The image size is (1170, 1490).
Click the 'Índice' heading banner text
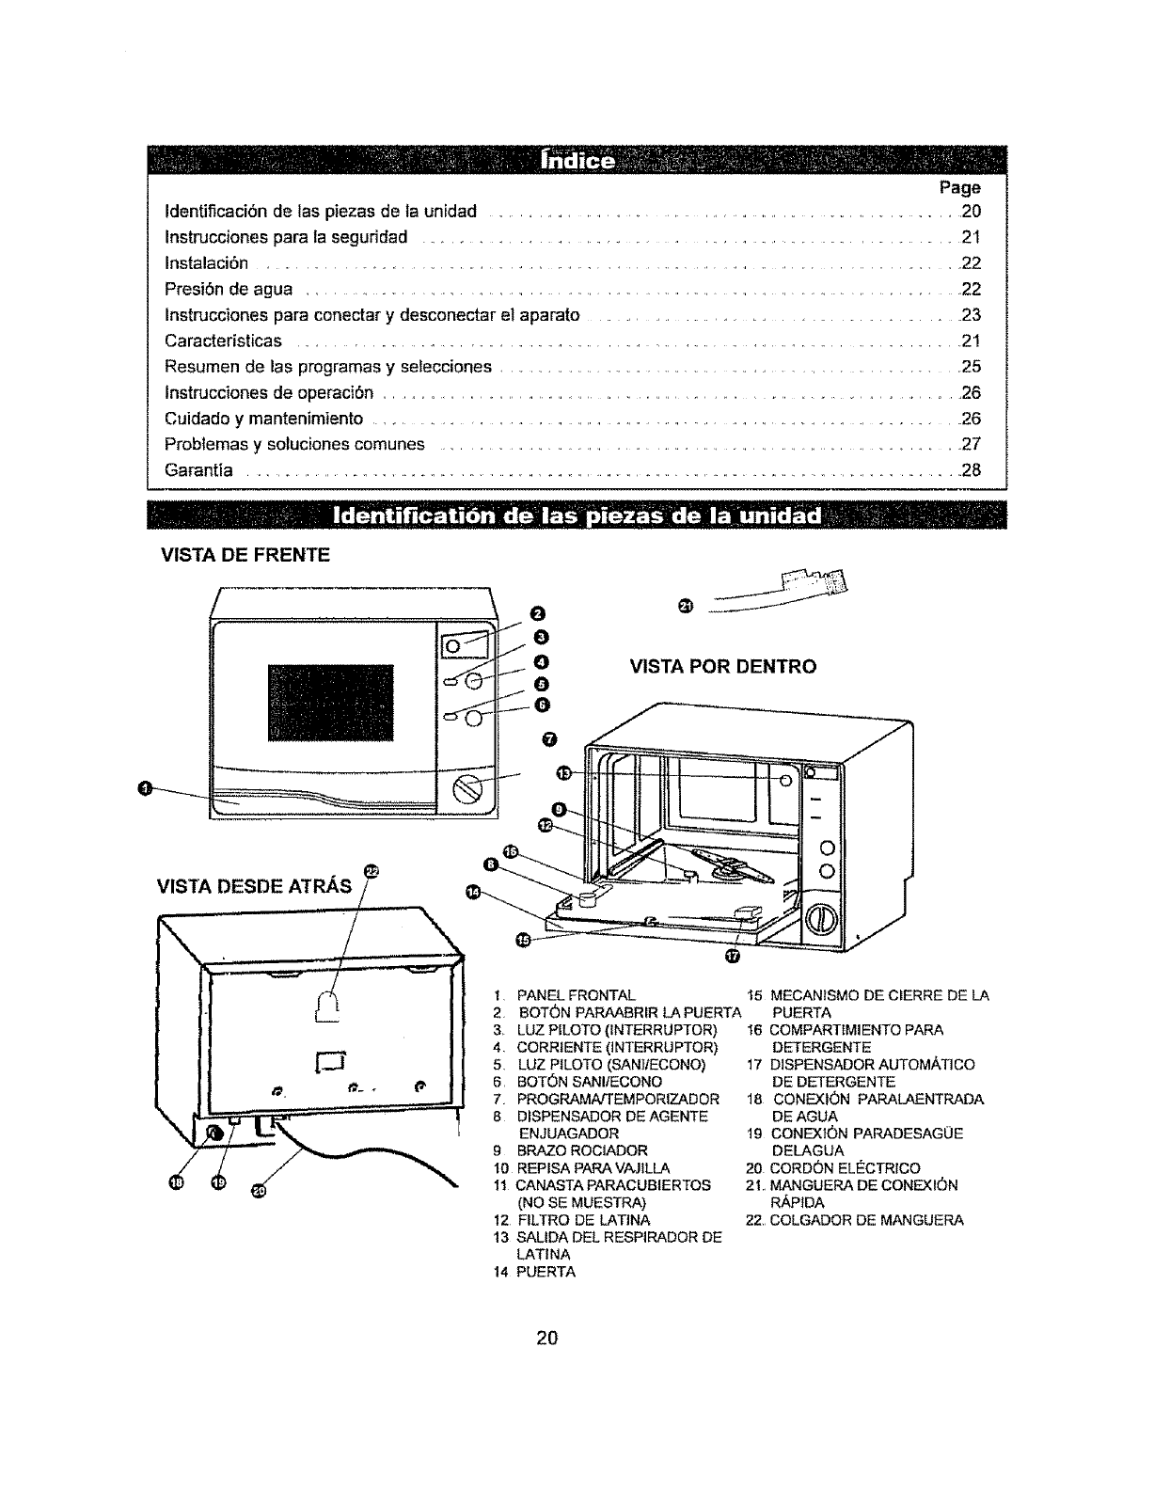coord(577,162)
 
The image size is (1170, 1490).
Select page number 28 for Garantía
coord(971,470)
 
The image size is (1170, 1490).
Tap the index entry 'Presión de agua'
coord(229,289)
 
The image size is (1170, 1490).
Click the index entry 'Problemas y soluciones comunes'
coord(294,444)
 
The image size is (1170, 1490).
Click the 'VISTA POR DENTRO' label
coord(722,667)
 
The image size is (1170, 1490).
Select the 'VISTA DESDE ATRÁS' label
coord(254,885)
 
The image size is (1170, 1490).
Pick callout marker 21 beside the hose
coord(685,603)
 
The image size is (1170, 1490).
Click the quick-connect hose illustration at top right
coord(799,587)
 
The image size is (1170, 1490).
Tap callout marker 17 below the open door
coord(734,958)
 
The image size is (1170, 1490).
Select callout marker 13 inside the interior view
coord(563,772)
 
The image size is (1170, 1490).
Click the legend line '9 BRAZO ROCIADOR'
coord(571,1150)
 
